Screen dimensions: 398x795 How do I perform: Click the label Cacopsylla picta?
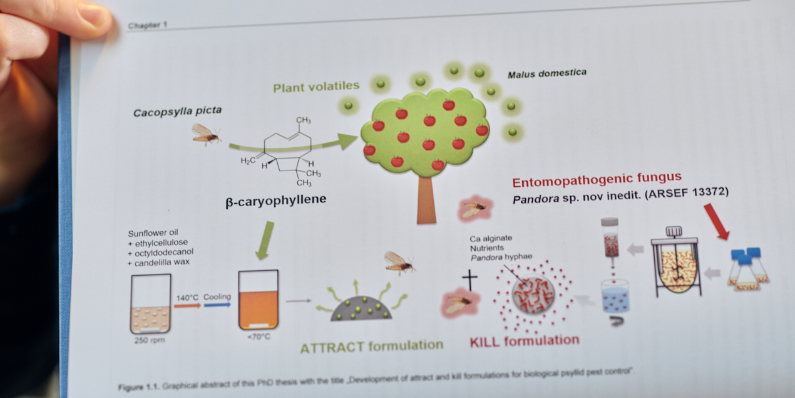177,112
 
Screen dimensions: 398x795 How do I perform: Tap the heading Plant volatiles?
316,86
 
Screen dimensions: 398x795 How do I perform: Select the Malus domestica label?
546,74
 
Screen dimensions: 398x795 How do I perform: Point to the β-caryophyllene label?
275,202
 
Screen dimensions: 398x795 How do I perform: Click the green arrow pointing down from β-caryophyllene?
265,239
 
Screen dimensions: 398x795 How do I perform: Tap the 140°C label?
187,298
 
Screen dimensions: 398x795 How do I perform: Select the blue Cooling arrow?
217,305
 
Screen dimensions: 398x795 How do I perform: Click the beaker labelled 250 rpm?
150,303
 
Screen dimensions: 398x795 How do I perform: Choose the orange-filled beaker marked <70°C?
258,300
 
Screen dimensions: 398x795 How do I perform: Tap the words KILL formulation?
525,341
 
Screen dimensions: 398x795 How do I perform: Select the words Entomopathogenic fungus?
597,182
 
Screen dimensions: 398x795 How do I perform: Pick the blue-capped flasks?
749,270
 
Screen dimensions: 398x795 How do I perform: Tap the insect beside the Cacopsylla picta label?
205,134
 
